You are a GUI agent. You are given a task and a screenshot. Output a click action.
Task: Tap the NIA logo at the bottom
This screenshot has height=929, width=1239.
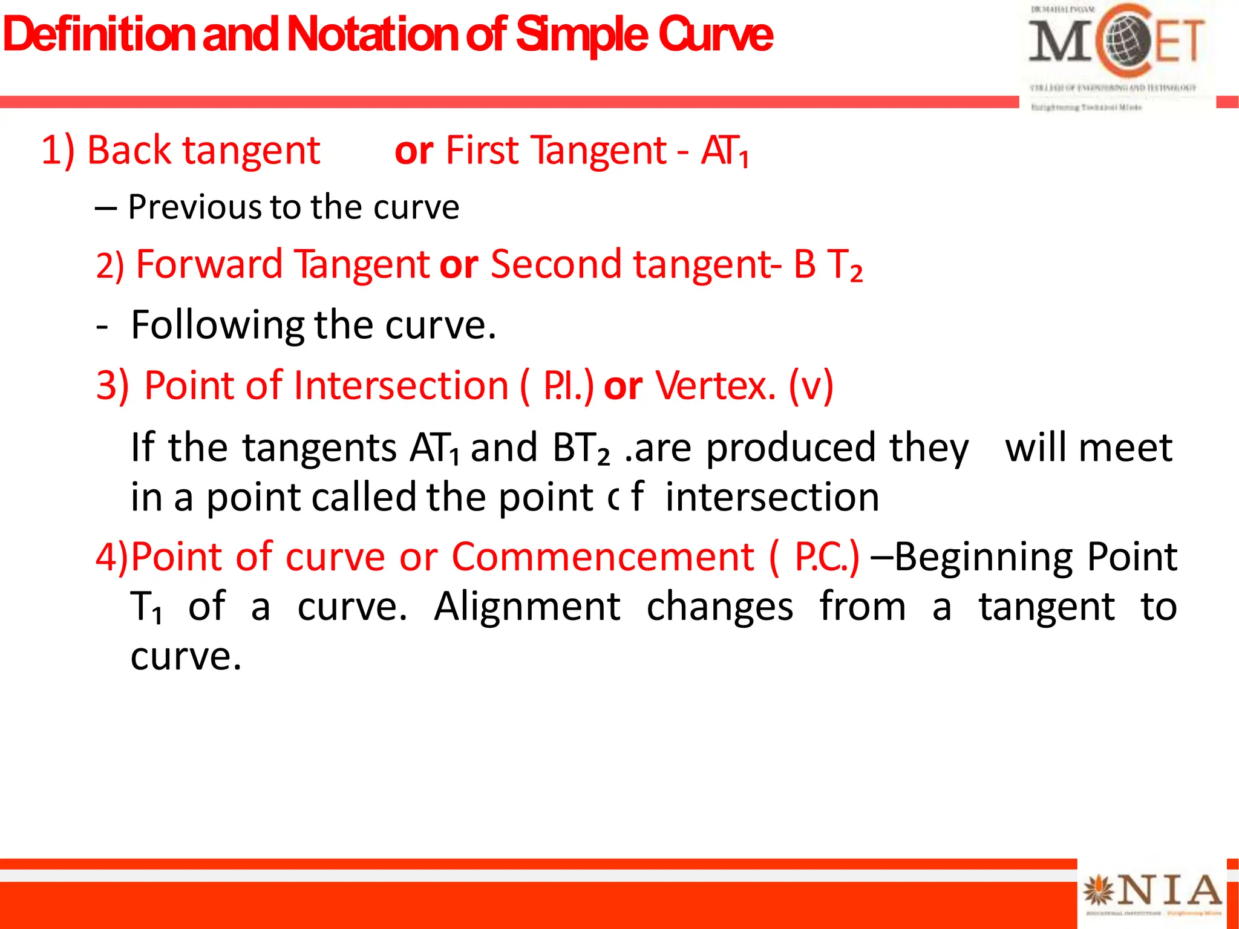tap(1152, 892)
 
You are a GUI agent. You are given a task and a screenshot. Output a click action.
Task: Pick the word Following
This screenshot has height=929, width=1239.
tap(218, 325)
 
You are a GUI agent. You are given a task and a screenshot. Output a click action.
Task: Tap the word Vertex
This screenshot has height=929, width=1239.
tap(714, 385)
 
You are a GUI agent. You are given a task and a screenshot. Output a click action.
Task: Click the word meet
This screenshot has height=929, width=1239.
tap(1125, 448)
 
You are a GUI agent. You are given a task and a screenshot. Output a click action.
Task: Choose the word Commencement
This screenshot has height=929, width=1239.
tap(603, 556)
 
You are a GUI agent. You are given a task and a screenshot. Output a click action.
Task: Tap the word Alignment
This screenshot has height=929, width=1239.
tap(527, 606)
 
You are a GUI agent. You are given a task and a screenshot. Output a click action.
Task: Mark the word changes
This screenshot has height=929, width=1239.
tap(719, 607)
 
